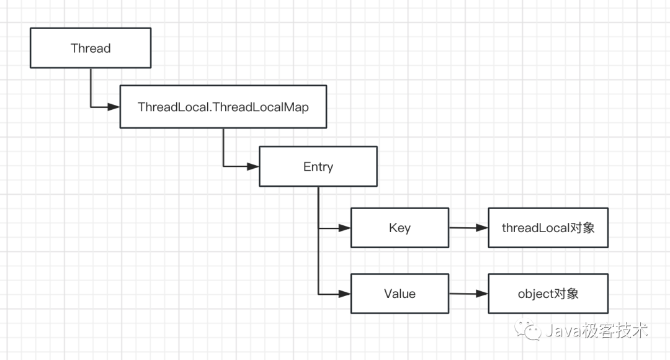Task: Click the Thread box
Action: pos(91,48)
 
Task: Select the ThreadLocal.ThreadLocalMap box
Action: pos(223,107)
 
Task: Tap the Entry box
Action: pos(318,166)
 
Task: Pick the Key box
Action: pos(400,228)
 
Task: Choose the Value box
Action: pos(400,294)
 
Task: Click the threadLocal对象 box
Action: pos(548,228)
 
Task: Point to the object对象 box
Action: pos(548,294)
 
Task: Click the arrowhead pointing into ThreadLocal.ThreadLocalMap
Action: pos(114,107)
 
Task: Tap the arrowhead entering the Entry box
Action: pos(253,166)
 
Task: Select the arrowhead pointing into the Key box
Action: pos(344,228)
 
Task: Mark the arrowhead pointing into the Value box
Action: pos(344,294)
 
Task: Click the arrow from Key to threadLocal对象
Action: pos(469,228)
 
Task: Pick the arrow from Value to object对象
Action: pos(469,294)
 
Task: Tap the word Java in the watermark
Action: pos(563,331)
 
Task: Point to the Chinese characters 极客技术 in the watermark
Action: pos(615,330)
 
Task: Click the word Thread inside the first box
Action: pos(91,48)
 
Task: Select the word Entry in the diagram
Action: pos(318,167)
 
